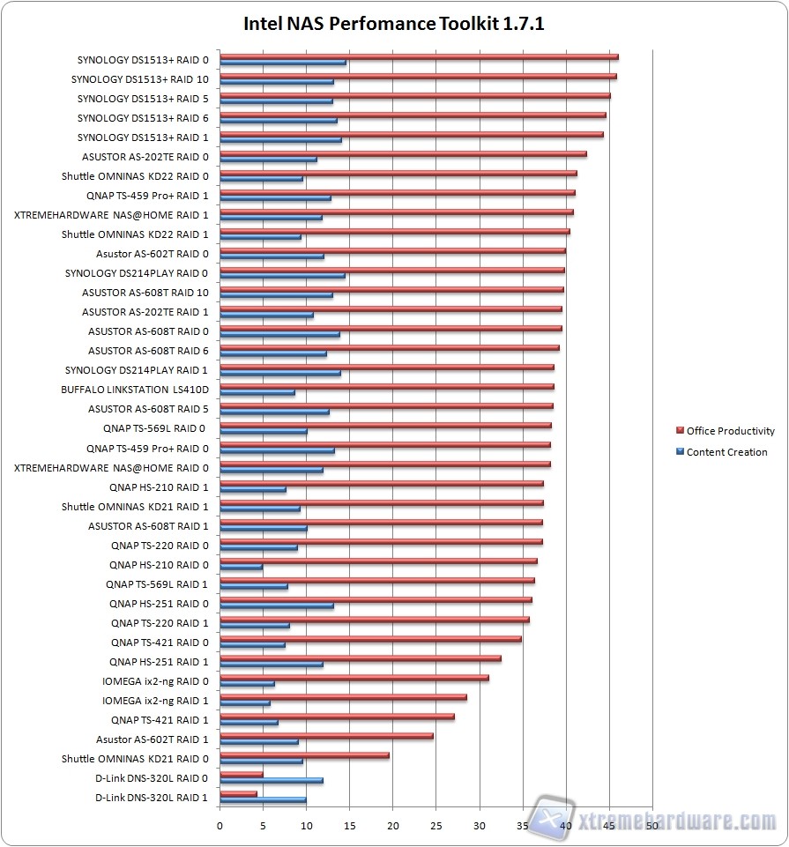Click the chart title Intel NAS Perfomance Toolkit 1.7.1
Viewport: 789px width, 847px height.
click(x=394, y=24)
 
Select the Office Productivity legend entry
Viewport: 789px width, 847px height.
click(x=730, y=431)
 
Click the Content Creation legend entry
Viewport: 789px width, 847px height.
click(x=726, y=452)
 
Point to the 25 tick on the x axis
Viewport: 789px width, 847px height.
click(x=436, y=826)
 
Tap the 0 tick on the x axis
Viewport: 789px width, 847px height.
click(x=220, y=826)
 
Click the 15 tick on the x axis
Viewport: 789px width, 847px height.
click(x=350, y=826)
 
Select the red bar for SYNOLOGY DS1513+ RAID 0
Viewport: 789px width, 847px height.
click(x=419, y=57)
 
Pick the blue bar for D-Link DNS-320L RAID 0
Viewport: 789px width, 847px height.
click(x=272, y=780)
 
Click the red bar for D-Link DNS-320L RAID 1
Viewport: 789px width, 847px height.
click(x=238, y=794)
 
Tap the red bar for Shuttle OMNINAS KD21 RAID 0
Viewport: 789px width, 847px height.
click(x=304, y=755)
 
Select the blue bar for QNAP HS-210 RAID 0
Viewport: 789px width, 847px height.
click(x=241, y=567)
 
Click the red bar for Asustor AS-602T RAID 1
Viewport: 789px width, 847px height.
click(x=326, y=736)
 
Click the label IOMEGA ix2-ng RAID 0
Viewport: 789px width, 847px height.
click(x=155, y=680)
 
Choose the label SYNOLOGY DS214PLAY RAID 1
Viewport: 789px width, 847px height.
click(x=137, y=370)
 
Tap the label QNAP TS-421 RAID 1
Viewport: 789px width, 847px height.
click(x=160, y=719)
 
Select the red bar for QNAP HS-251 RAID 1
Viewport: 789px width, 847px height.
click(x=360, y=658)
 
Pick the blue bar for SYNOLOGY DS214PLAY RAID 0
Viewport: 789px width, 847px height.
click(x=282, y=276)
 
